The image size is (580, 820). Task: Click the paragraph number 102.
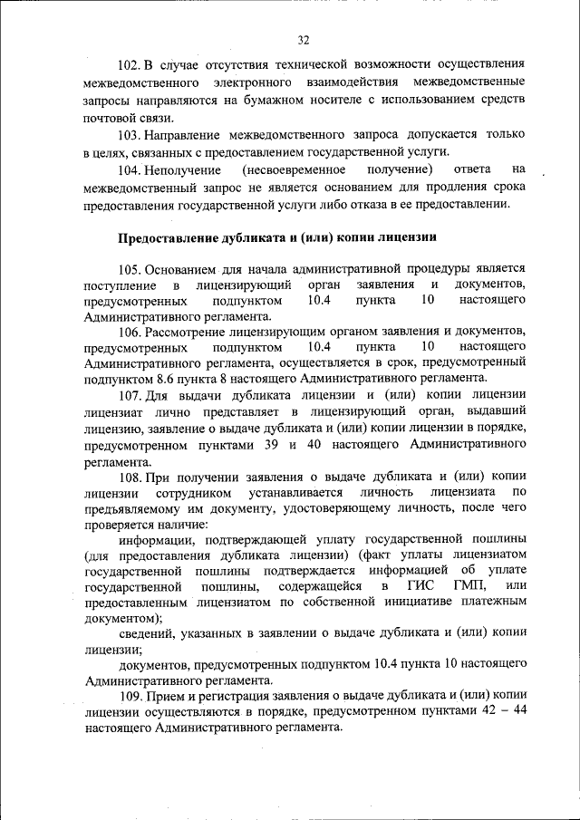click(x=130, y=67)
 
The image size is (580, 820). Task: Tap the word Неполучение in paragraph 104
click(x=186, y=169)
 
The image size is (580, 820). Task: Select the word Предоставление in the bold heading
click(x=168, y=238)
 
